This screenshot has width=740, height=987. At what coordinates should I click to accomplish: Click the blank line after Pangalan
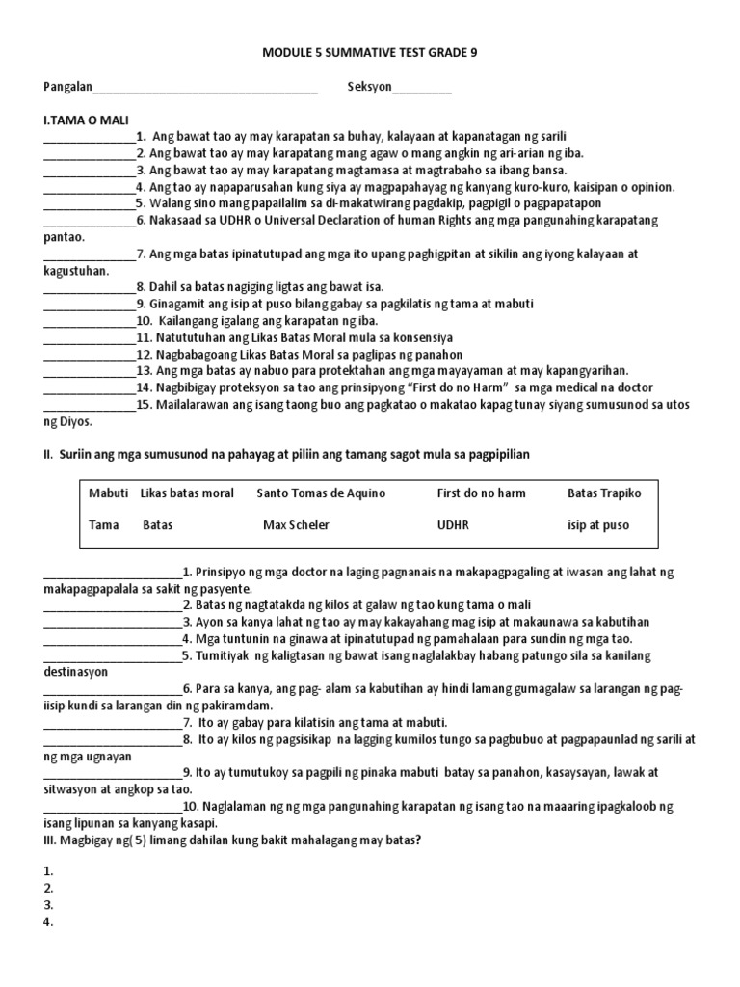(205, 89)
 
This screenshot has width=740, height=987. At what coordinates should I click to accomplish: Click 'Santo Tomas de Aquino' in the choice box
(321, 493)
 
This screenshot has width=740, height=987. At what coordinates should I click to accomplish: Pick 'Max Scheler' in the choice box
(296, 526)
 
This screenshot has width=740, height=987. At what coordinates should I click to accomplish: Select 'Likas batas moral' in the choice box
(187, 493)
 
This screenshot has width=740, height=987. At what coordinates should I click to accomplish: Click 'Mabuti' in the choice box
(108, 493)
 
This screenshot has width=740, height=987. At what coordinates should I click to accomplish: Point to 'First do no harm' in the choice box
(481, 493)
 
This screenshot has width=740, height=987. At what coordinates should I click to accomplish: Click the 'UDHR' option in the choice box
(454, 526)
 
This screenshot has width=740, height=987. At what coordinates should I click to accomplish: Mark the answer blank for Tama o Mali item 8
(90, 288)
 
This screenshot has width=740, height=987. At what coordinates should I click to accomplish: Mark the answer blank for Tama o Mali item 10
(90, 322)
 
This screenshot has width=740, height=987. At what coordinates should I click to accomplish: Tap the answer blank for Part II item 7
(113, 723)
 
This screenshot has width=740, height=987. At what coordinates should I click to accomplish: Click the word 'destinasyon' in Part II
(76, 672)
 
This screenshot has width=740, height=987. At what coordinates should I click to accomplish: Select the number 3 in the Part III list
(48, 905)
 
